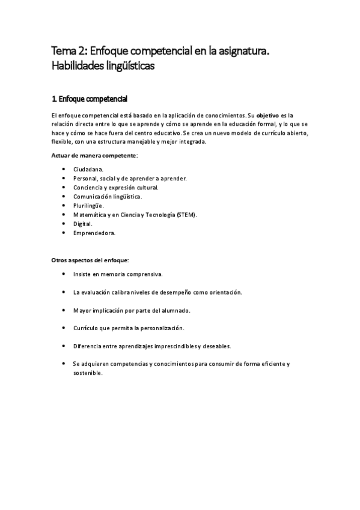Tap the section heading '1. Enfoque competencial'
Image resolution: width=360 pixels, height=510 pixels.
pyautogui.click(x=90, y=99)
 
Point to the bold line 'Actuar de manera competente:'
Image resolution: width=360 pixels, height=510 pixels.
pyautogui.click(x=94, y=156)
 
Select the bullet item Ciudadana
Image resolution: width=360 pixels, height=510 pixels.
pyautogui.click(x=88, y=170)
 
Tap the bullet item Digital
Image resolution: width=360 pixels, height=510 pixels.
pyautogui.click(x=83, y=223)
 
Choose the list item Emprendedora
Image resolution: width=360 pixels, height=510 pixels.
pyautogui.click(x=94, y=232)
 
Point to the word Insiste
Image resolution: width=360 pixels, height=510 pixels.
pyautogui.click(x=83, y=274)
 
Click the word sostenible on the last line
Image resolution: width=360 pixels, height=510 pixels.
pyautogui.click(x=88, y=372)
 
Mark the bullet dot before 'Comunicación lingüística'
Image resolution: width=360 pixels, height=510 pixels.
pyautogui.click(x=64, y=196)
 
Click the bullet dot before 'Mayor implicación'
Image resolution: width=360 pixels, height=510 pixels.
pyautogui.click(x=64, y=310)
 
